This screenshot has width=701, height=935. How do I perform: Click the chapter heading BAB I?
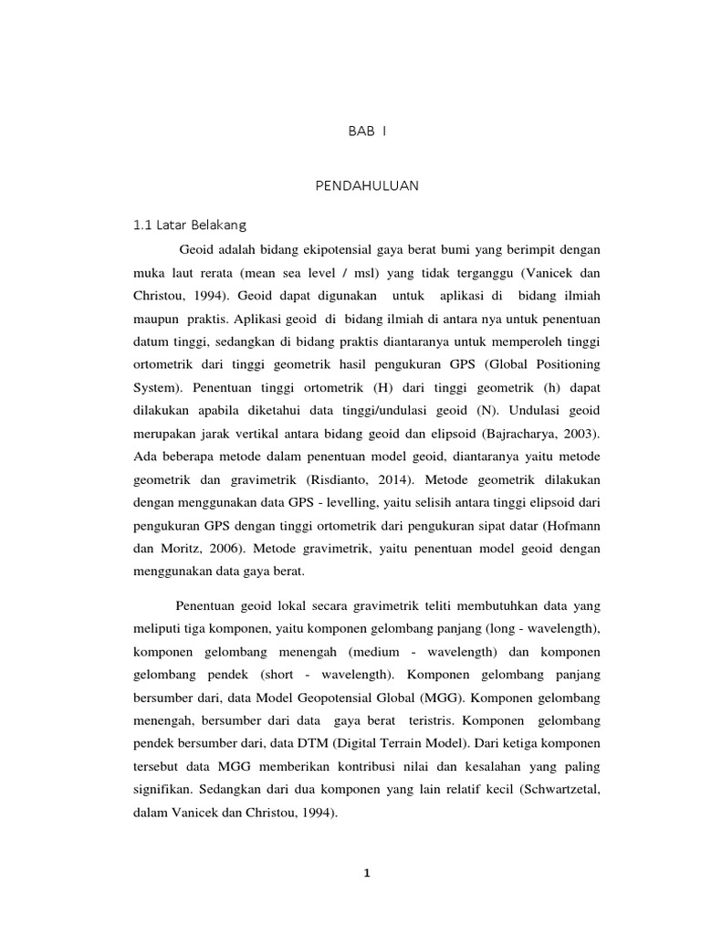pyautogui.click(x=367, y=131)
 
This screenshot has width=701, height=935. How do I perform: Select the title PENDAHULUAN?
pyautogui.click(x=367, y=185)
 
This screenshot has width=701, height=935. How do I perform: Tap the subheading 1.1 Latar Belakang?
pyautogui.click(x=190, y=224)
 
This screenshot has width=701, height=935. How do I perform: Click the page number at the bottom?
pyautogui.click(x=367, y=873)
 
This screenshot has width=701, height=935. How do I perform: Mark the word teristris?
pyautogui.click(x=436, y=698)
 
